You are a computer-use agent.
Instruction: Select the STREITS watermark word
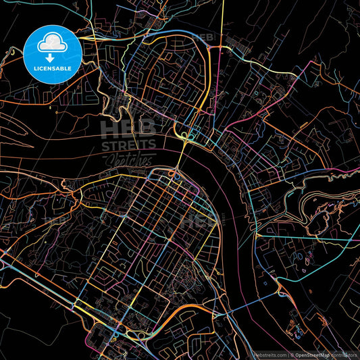(x=128, y=145)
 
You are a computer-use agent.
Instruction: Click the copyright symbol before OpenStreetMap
(x=292, y=354)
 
